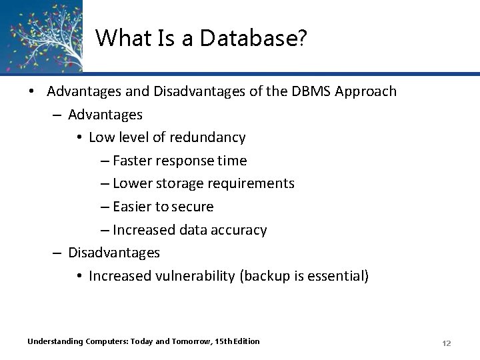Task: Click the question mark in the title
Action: coord(303,39)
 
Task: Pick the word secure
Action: coord(192,207)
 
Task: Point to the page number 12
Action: coord(447,343)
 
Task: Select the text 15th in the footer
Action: coord(225,341)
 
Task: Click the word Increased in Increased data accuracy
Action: coord(144,230)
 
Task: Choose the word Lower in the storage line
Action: coord(132,183)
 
